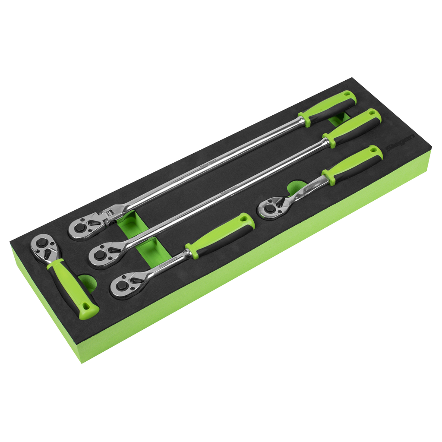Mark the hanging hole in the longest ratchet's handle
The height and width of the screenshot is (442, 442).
pyautogui.click(x=347, y=96)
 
